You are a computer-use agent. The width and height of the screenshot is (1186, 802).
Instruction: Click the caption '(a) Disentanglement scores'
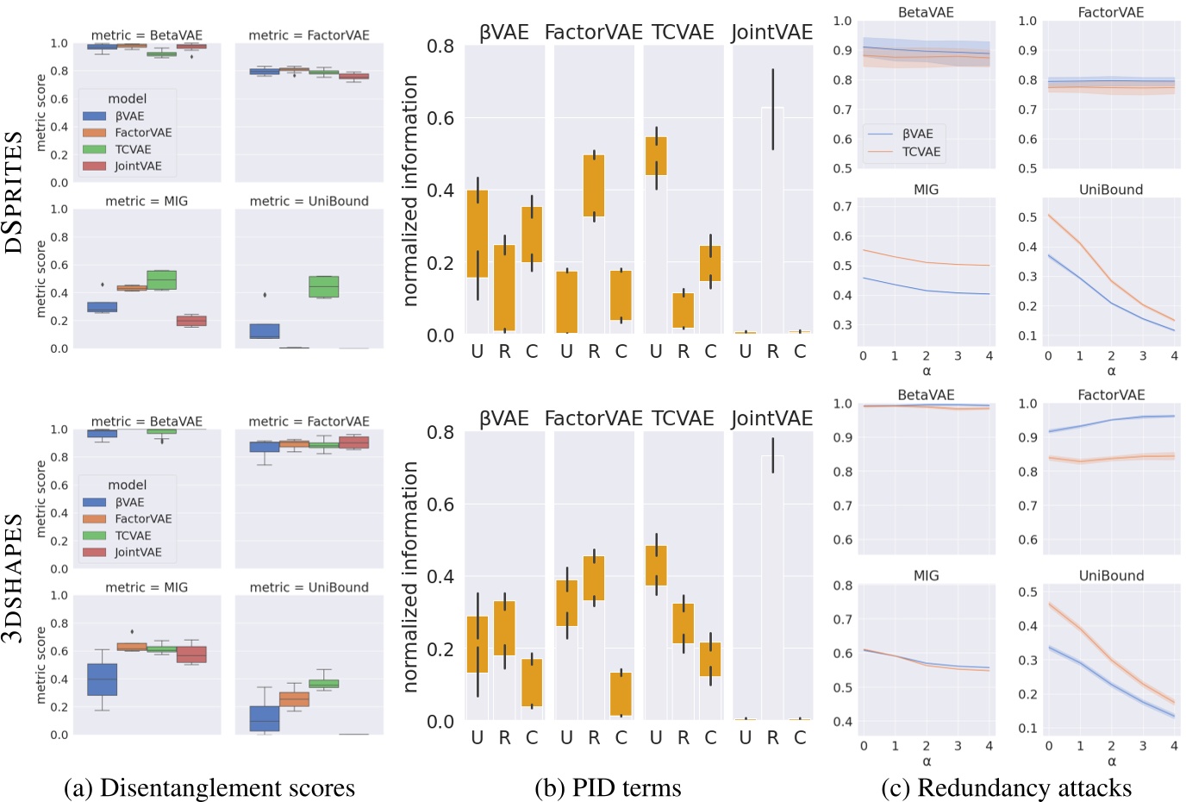209,787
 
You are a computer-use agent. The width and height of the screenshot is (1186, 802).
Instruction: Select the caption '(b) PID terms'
608,787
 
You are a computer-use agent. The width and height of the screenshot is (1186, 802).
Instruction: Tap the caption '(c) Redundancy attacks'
1006,787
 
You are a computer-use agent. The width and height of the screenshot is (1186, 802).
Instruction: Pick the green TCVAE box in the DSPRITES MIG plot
161,280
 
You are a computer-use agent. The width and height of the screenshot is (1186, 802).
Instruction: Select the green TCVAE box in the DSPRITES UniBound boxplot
323,286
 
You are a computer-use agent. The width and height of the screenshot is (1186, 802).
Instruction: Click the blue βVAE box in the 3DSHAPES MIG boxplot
102,679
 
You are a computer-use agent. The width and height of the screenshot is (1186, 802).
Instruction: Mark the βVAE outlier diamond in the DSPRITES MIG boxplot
103,285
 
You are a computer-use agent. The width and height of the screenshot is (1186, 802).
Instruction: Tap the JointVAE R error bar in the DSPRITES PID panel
773,110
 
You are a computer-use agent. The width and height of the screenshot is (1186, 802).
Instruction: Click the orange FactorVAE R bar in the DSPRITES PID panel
594,185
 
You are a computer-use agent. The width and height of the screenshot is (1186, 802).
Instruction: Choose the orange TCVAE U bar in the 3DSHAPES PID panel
656,565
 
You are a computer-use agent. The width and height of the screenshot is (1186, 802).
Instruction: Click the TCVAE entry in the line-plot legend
921,152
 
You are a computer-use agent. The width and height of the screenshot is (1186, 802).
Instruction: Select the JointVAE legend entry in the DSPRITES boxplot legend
138,166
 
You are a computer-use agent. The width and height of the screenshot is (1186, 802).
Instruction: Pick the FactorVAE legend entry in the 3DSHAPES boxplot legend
143,519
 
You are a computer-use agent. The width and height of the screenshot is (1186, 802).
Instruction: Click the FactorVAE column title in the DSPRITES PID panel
593,33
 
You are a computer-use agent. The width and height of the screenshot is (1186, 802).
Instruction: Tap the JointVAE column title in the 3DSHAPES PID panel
771,418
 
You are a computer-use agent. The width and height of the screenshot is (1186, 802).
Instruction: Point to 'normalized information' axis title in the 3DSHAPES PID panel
410,576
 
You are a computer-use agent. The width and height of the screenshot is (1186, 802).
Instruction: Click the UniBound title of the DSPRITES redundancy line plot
1110,190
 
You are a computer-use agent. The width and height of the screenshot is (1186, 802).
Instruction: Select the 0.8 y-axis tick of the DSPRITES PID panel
440,47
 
